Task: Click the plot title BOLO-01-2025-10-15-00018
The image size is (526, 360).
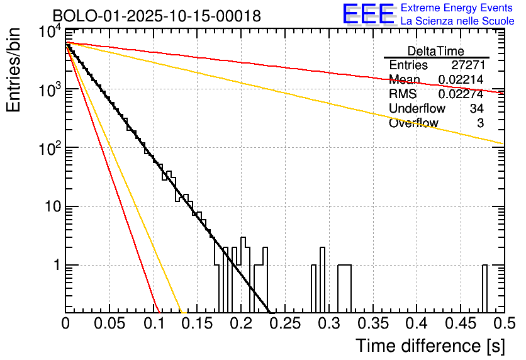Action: (157, 16)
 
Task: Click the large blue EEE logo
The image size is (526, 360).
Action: (368, 14)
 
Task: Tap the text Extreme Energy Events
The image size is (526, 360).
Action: (457, 8)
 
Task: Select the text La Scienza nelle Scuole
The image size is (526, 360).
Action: (457, 21)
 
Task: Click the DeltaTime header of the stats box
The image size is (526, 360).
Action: (436, 51)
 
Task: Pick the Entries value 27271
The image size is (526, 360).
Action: (467, 65)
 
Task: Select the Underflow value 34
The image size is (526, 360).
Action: (476, 109)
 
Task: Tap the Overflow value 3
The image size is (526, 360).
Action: (480, 123)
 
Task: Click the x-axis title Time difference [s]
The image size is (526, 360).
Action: (430, 346)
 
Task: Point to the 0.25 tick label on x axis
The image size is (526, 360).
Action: (285, 324)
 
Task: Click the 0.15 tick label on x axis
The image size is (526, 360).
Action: (197, 324)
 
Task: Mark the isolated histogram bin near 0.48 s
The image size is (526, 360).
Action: (484, 288)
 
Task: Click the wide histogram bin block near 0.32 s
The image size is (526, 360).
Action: (344, 288)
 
